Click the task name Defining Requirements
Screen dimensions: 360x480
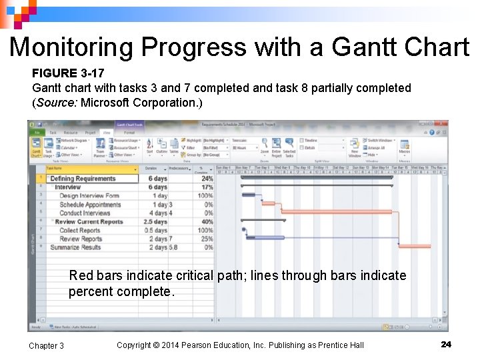click(x=83, y=179)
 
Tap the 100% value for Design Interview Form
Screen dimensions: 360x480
click(x=205, y=196)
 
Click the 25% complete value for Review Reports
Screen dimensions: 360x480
click(x=207, y=239)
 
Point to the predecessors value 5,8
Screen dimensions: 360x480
click(x=173, y=248)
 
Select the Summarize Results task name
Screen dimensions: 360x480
click(x=75, y=248)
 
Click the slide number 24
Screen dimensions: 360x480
click(x=446, y=344)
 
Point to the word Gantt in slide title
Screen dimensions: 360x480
click(x=359, y=47)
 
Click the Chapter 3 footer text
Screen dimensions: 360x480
click(x=47, y=345)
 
